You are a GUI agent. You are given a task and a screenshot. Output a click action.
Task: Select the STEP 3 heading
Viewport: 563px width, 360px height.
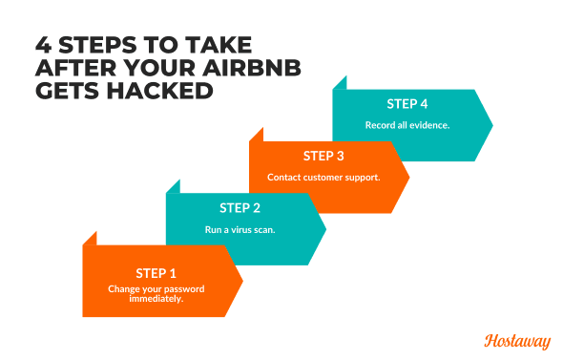(323, 156)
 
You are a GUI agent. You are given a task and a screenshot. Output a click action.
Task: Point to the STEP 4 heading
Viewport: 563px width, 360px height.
(407, 103)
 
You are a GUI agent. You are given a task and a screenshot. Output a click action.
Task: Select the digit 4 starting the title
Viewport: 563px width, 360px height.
(44, 46)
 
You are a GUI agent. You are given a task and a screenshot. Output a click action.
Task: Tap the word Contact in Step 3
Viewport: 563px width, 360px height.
(283, 178)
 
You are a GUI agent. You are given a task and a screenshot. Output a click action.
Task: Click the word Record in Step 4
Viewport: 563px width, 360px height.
(380, 125)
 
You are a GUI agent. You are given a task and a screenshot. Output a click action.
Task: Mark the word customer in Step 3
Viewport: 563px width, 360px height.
(322, 178)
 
